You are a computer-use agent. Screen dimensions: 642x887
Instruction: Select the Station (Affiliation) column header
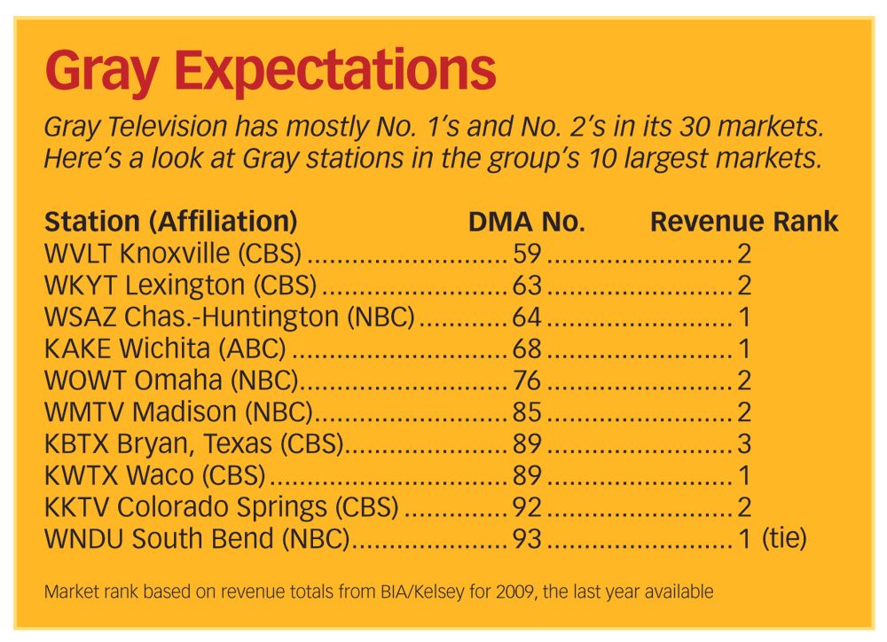click(x=170, y=222)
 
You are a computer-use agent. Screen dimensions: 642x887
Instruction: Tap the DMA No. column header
click(x=527, y=222)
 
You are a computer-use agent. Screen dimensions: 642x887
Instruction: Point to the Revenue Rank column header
click(x=744, y=222)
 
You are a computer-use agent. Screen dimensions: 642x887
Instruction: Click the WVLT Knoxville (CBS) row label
click(x=172, y=254)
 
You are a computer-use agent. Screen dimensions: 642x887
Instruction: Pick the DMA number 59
click(x=528, y=254)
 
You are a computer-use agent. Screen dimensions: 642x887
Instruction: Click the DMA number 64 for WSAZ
click(x=528, y=317)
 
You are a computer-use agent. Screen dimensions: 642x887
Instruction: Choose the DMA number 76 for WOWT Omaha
click(x=528, y=380)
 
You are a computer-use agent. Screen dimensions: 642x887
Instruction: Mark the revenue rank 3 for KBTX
click(x=744, y=443)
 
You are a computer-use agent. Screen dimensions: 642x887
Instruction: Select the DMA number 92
click(x=528, y=507)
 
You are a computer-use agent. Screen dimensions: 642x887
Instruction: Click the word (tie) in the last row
click(x=784, y=538)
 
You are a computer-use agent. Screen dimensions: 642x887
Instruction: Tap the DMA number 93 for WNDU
click(x=528, y=538)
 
